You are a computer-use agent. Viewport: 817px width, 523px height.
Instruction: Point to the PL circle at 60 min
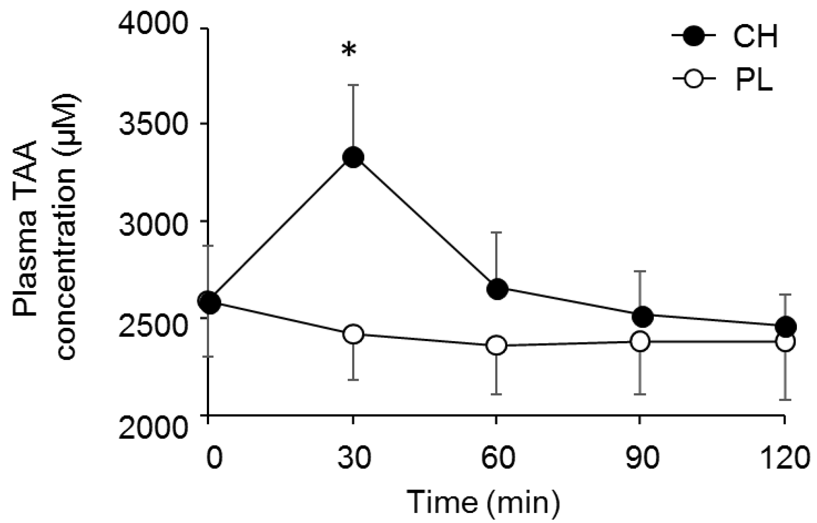(x=496, y=345)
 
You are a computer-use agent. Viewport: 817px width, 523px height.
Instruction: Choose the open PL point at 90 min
(x=640, y=342)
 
